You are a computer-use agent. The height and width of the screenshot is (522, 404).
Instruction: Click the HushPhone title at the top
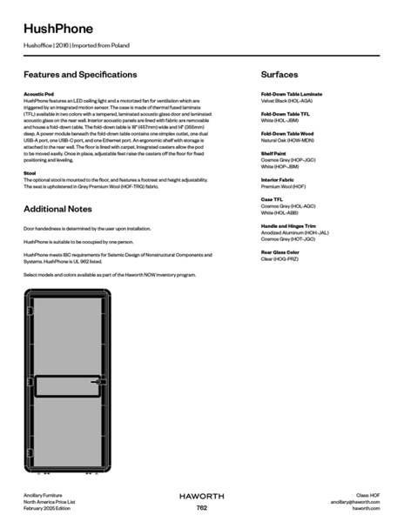pyautogui.click(x=58, y=30)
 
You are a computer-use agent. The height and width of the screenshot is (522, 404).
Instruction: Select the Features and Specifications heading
pyautogui.click(x=80, y=75)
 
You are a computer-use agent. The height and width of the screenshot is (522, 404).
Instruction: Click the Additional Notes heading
pyautogui.click(x=57, y=210)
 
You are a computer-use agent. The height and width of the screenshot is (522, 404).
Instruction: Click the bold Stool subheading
pyautogui.click(x=30, y=173)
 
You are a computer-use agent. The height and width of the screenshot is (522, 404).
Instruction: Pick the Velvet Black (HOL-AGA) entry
pyautogui.click(x=286, y=100)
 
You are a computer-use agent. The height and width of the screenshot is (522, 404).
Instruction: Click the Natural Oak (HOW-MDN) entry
pyautogui.click(x=287, y=140)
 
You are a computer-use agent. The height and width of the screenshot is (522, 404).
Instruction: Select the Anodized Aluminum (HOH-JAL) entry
pyautogui.click(x=294, y=232)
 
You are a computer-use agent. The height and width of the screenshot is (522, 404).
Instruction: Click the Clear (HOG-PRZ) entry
pyautogui.click(x=280, y=259)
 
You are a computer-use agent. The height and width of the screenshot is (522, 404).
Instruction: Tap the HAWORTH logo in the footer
pyautogui.click(x=201, y=496)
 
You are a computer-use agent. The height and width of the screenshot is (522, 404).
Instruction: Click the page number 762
pyautogui.click(x=201, y=507)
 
